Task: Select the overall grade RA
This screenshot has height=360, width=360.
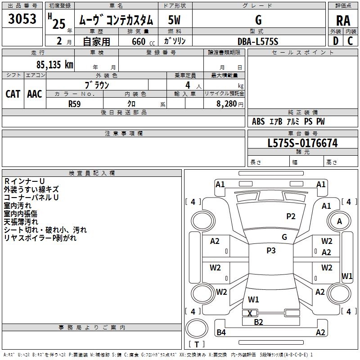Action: pos(343,21)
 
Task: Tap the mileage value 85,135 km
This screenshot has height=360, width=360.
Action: pos(55,64)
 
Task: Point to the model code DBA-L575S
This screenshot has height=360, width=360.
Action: pos(258,41)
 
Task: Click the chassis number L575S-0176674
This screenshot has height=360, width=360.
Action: pos(302,144)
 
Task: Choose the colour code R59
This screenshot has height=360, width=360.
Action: pos(75,103)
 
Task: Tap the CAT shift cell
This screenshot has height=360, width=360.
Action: pos(13,94)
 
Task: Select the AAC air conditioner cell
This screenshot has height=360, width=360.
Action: pos(35,94)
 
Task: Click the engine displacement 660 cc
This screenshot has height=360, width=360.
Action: pos(138,41)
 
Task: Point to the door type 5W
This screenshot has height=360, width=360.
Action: pos(175,20)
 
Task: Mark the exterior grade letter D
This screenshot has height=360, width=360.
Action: pos(336,41)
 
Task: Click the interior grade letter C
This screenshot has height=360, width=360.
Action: pos(351,41)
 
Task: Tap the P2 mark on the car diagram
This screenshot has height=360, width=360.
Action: pos(291,216)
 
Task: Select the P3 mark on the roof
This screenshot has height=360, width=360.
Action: pos(271,251)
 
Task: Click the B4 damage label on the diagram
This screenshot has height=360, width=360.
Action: pos(221,333)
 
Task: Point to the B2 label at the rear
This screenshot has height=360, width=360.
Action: pos(258,322)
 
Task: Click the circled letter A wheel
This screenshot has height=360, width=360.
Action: pos(340,221)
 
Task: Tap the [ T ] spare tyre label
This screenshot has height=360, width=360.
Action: pos(196,344)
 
